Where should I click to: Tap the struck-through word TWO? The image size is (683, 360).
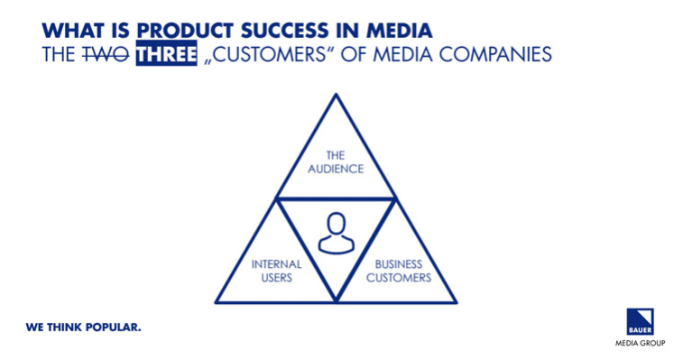point(105,54)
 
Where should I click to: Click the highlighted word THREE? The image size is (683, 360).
point(166,54)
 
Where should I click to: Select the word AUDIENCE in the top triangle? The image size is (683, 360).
point(336,169)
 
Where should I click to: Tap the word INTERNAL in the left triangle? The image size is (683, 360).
point(277,265)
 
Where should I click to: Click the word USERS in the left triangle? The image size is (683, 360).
point(277,278)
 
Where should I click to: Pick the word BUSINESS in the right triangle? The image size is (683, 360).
point(398,265)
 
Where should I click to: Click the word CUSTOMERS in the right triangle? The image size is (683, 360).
point(398,278)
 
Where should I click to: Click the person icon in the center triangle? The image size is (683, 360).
point(336,234)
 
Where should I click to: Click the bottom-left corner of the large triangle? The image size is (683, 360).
point(217,302)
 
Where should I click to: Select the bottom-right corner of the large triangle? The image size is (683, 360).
point(456,302)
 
